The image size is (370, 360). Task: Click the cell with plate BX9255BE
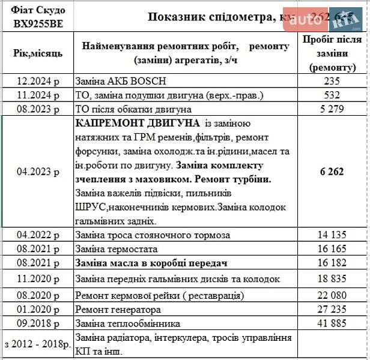pyautogui.click(x=37, y=24)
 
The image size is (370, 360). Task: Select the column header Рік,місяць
pyautogui.click(x=38, y=53)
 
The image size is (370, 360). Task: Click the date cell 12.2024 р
pyautogui.click(x=38, y=81)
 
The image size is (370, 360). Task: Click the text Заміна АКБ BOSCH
pyautogui.click(x=120, y=81)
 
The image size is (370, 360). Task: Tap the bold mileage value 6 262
pyautogui.click(x=332, y=172)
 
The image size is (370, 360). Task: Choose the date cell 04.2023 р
pyautogui.click(x=38, y=172)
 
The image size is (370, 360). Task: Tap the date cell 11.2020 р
pyautogui.click(x=38, y=279)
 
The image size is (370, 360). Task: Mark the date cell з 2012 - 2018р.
pyautogui.click(x=38, y=346)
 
